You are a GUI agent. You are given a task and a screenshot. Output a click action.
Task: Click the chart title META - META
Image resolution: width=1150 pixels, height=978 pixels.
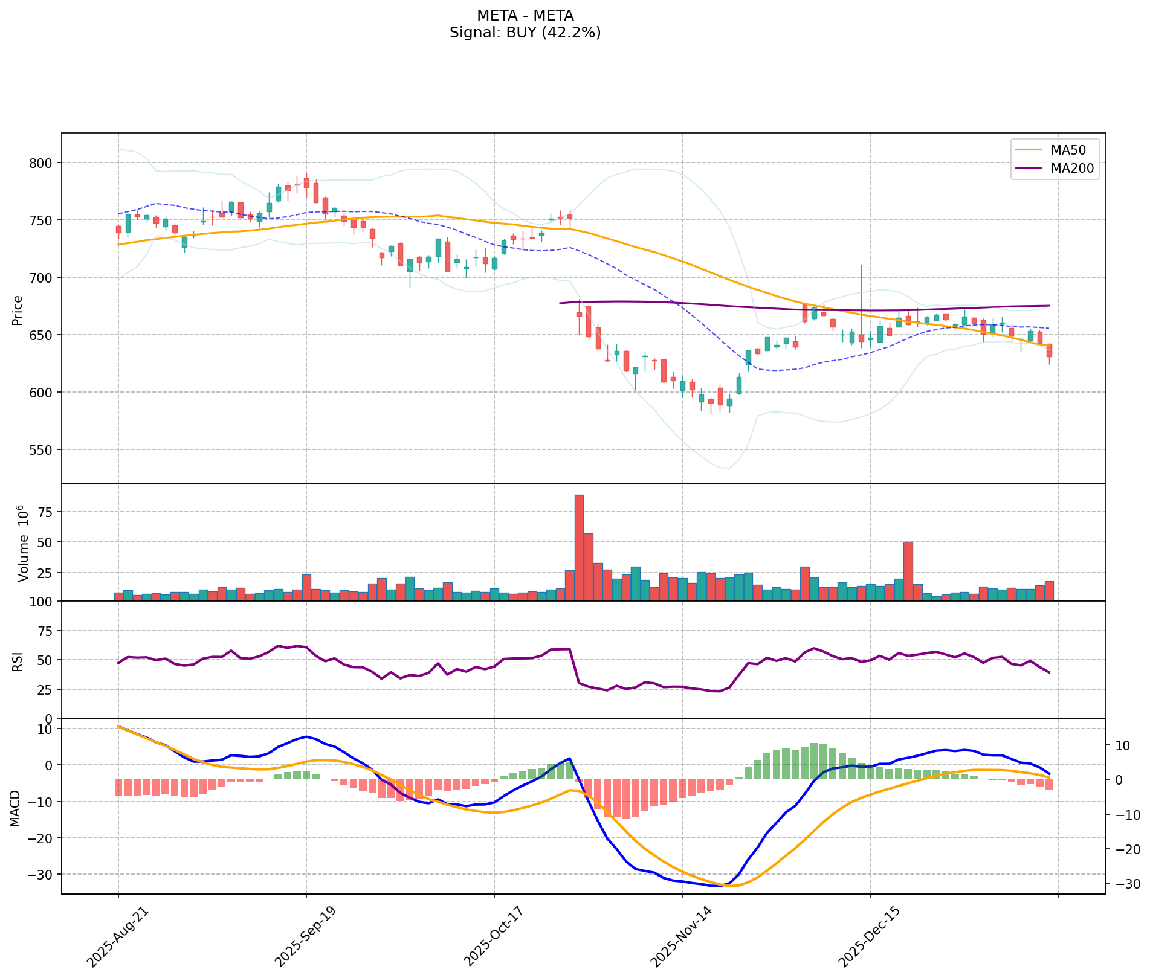[x=525, y=15]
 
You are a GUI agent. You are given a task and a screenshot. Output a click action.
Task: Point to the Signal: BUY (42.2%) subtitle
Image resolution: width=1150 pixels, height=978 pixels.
[x=525, y=33]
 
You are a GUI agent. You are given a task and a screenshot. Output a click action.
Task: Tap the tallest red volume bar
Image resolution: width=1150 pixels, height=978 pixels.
[x=579, y=547]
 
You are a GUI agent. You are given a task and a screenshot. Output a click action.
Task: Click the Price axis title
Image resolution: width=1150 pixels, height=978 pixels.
[x=17, y=310]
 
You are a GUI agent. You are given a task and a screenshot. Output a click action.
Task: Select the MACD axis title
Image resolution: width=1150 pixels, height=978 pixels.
[x=17, y=808]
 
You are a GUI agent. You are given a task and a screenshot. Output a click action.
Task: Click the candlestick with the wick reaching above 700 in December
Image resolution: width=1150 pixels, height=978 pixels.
[x=861, y=338]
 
